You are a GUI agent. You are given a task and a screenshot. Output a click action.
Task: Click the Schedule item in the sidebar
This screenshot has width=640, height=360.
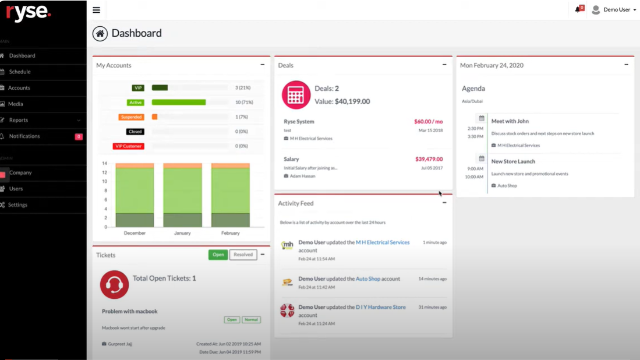[x=20, y=72]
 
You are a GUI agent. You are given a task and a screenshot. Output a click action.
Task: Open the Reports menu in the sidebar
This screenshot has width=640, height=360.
[x=19, y=120]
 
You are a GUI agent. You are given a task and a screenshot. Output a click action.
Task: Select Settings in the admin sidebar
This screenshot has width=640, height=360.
[x=17, y=205]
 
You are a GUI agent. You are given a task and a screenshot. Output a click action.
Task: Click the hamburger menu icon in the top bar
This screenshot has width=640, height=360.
[x=96, y=10]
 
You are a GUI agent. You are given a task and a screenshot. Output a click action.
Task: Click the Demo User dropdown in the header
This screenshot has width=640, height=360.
[x=614, y=10]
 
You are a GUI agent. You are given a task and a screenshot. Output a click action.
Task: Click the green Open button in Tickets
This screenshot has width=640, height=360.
[x=218, y=255]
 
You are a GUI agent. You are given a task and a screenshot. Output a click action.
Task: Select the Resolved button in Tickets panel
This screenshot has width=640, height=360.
[x=243, y=255]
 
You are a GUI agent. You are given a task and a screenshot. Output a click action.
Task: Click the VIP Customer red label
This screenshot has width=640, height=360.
[x=129, y=146]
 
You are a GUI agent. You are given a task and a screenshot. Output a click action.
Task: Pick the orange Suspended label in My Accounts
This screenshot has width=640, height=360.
[x=131, y=117]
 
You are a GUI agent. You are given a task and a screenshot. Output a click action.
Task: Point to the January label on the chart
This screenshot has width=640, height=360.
[x=182, y=233]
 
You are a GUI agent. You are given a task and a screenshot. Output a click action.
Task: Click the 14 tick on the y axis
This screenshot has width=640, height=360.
[x=105, y=163]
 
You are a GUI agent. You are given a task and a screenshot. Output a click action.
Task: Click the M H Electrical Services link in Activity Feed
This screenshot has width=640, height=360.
[x=383, y=242]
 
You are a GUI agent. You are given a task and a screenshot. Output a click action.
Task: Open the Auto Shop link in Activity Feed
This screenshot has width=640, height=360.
[x=368, y=279]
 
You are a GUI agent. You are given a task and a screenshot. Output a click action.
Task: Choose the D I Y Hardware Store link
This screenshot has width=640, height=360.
[x=381, y=307]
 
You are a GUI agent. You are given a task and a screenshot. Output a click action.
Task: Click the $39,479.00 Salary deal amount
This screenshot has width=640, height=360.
[x=429, y=159]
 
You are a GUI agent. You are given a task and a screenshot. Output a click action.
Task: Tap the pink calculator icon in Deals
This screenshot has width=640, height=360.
[x=296, y=95]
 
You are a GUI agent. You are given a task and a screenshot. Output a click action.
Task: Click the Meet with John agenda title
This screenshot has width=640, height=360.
[x=510, y=121]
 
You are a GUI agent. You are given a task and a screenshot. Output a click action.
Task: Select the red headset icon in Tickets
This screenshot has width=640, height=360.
[x=114, y=285]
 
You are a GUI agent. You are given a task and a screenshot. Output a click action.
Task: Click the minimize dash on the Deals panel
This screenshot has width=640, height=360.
[x=444, y=65]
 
